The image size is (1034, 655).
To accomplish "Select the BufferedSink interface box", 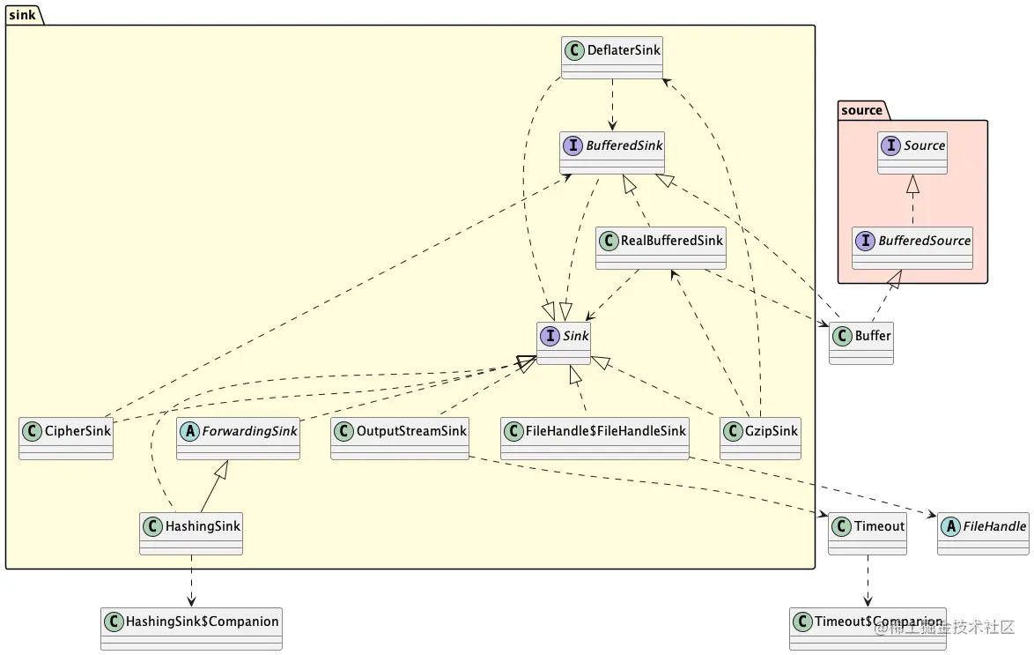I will pos(612,153).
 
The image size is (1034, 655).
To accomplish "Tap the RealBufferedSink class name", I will pos(672,240).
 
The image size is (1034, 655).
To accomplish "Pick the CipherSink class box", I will pos(66,438).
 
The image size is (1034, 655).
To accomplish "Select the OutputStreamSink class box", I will pos(400,438).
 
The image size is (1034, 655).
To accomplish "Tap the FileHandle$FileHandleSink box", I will pos(595,438).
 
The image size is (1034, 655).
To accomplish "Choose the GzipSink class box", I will pos(760,438).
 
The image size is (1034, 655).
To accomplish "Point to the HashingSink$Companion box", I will pos(191,628).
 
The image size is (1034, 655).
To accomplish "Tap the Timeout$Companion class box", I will pos(868,628).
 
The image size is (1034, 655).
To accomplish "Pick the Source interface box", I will pos(912,153).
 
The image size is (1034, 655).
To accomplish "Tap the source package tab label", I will pos(861,110).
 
